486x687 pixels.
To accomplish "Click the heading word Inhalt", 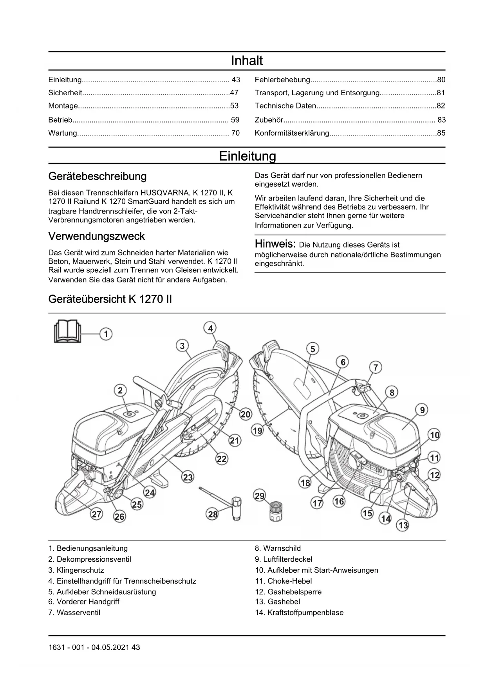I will tap(247, 61).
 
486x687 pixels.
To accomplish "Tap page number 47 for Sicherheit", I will tap(234, 93).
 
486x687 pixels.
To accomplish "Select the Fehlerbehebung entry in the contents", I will tap(282, 80).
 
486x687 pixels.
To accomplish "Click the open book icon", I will tap(67, 331).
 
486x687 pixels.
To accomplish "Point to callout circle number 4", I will tap(210, 328).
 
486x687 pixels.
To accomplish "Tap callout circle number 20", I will tap(246, 414).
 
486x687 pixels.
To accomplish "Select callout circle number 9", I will tap(422, 410).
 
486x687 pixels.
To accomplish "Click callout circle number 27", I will tap(96, 514).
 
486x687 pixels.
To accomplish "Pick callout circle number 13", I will tap(403, 525).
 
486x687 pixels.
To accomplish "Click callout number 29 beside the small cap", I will tap(260, 496).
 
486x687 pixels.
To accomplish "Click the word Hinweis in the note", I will tap(275, 244).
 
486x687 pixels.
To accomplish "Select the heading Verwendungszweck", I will tap(96, 236).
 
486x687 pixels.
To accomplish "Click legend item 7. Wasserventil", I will tap(74, 613).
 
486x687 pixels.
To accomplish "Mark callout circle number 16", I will tap(339, 501).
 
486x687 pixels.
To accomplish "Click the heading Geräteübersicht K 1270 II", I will tap(110, 299).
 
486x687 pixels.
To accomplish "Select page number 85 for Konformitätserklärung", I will tap(441, 133).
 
